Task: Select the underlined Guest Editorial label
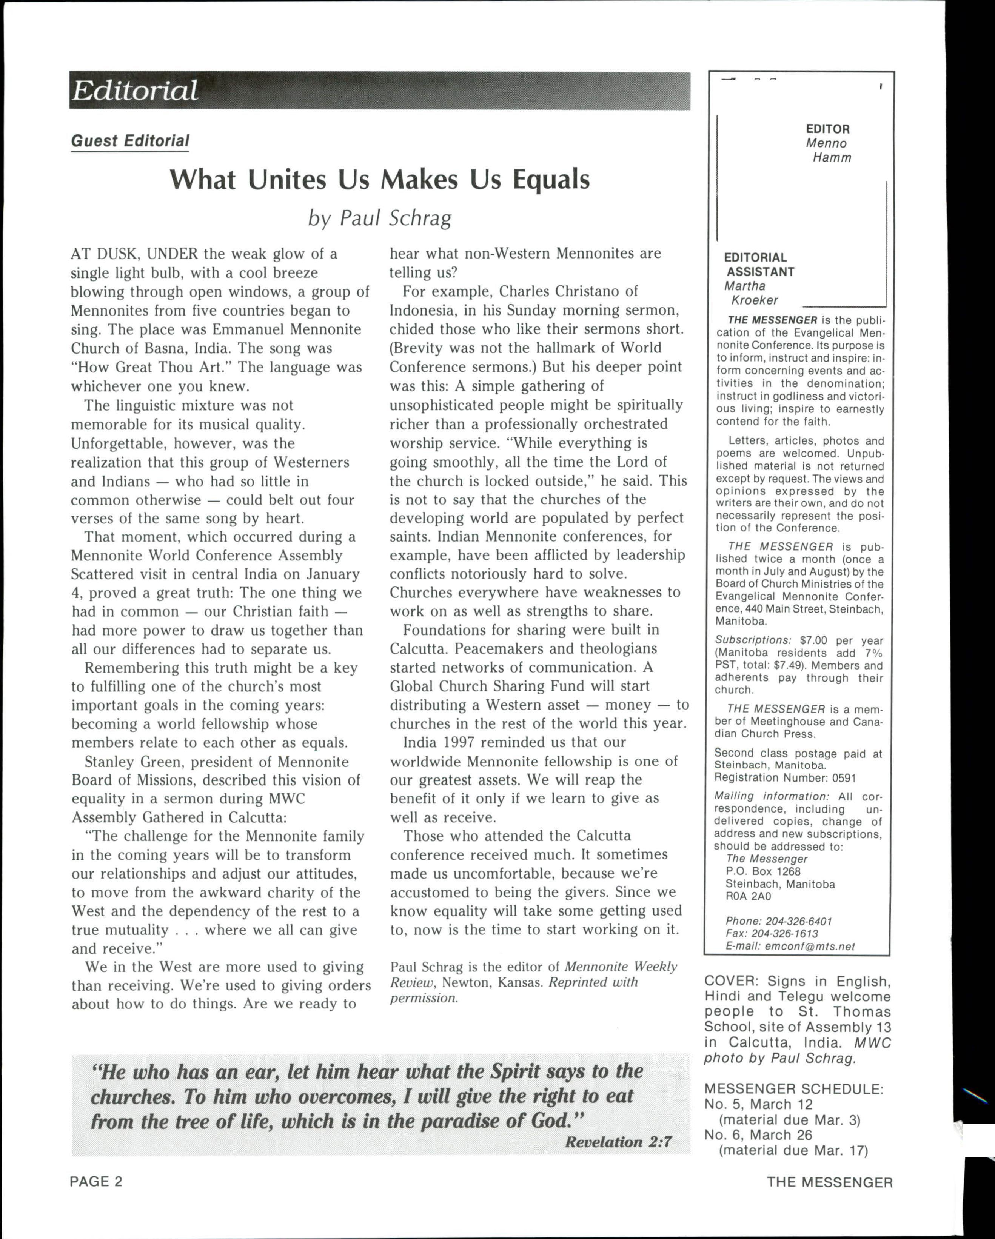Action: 130,141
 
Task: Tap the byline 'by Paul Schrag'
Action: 379,218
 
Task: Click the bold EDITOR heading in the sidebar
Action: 827,129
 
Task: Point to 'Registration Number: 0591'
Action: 785,778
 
